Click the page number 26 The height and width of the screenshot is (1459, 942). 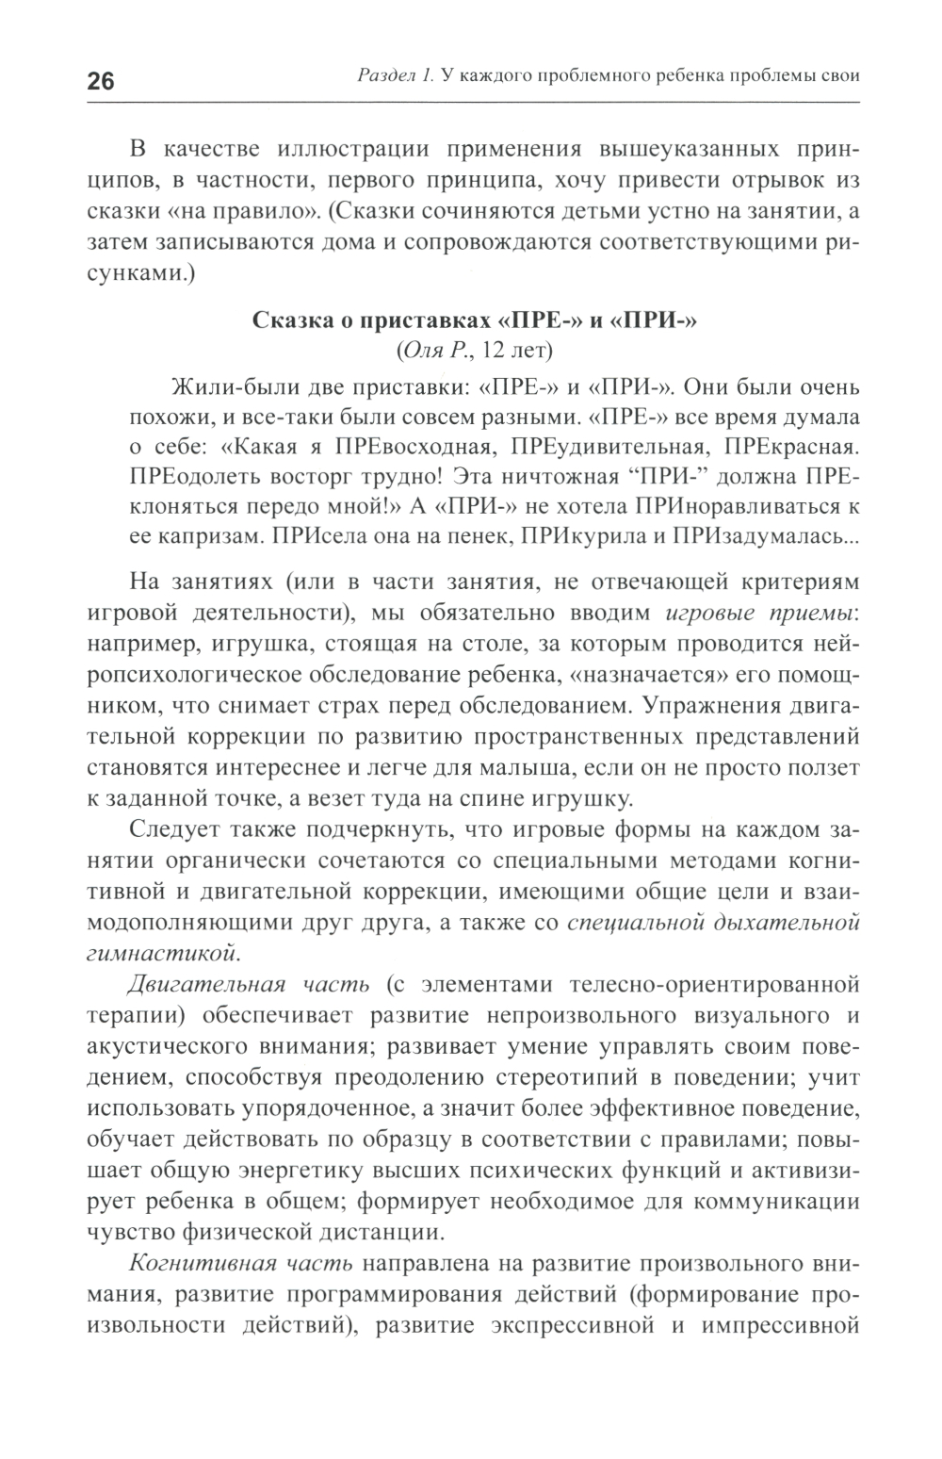tap(101, 81)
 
